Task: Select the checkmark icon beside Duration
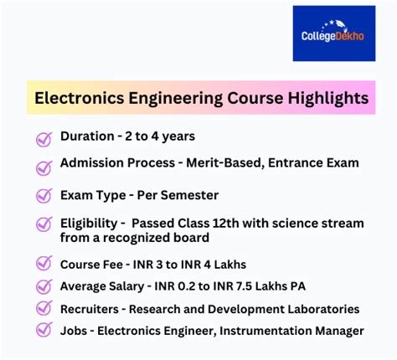(44, 139)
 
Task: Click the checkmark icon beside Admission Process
(44, 166)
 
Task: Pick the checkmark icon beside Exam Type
(44, 196)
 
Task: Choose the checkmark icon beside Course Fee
(44, 265)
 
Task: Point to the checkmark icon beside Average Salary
(44, 287)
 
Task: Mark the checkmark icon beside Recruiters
(44, 309)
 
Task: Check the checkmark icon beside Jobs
(44, 331)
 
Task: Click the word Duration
(87, 136)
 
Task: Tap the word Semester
(189, 195)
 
